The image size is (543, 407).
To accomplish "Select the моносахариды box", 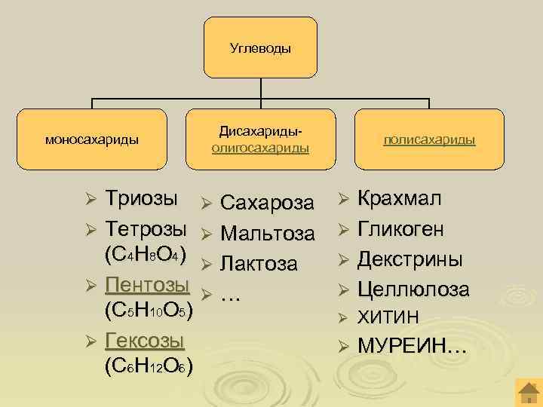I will (x=91, y=139).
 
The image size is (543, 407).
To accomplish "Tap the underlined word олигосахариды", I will (x=260, y=148).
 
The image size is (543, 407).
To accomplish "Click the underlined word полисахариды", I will (x=429, y=140).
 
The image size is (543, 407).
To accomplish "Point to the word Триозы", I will (x=143, y=200).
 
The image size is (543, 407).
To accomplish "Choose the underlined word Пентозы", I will (x=148, y=285).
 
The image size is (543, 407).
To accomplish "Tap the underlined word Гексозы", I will (x=146, y=341).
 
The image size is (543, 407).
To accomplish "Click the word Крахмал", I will (x=400, y=200).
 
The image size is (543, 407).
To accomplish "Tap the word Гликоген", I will (x=400, y=229).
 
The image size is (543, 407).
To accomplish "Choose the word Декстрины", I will (x=410, y=259).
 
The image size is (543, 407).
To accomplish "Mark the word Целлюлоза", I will (x=413, y=289).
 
